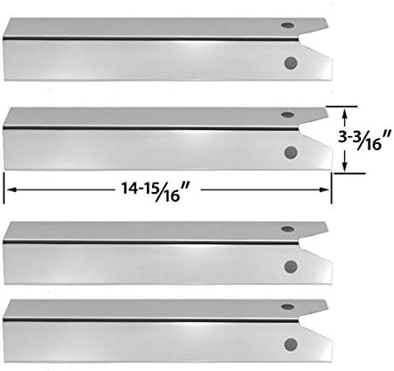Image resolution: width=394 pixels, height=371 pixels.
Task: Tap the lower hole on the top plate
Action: tap(291, 64)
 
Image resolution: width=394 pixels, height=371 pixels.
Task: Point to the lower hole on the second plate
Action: tap(291, 152)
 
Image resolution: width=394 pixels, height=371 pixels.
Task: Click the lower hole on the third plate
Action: tap(291, 267)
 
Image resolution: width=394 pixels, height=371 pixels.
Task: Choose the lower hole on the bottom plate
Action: tap(291, 342)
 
